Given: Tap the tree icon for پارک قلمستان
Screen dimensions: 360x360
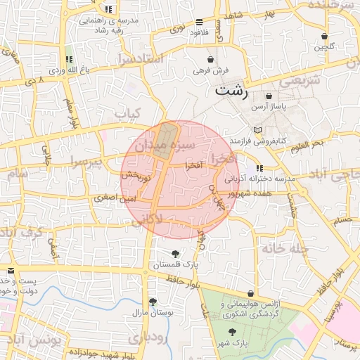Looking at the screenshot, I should point(175,254).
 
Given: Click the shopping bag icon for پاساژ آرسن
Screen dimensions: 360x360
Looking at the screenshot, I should point(269,96).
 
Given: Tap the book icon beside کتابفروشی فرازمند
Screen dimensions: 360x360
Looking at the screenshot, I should point(258,131).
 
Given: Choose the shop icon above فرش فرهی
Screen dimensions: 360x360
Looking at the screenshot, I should point(212,60).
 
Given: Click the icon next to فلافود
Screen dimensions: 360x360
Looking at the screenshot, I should point(199,22).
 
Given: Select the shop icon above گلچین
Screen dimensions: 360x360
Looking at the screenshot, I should point(324,36).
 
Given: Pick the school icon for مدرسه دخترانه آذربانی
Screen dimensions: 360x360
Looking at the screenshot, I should point(259,169).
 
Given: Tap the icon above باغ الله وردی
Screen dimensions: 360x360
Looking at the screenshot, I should point(68,59).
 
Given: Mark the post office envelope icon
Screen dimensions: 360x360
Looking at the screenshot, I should point(10,271).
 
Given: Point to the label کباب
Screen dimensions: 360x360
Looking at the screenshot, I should point(128,112).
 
